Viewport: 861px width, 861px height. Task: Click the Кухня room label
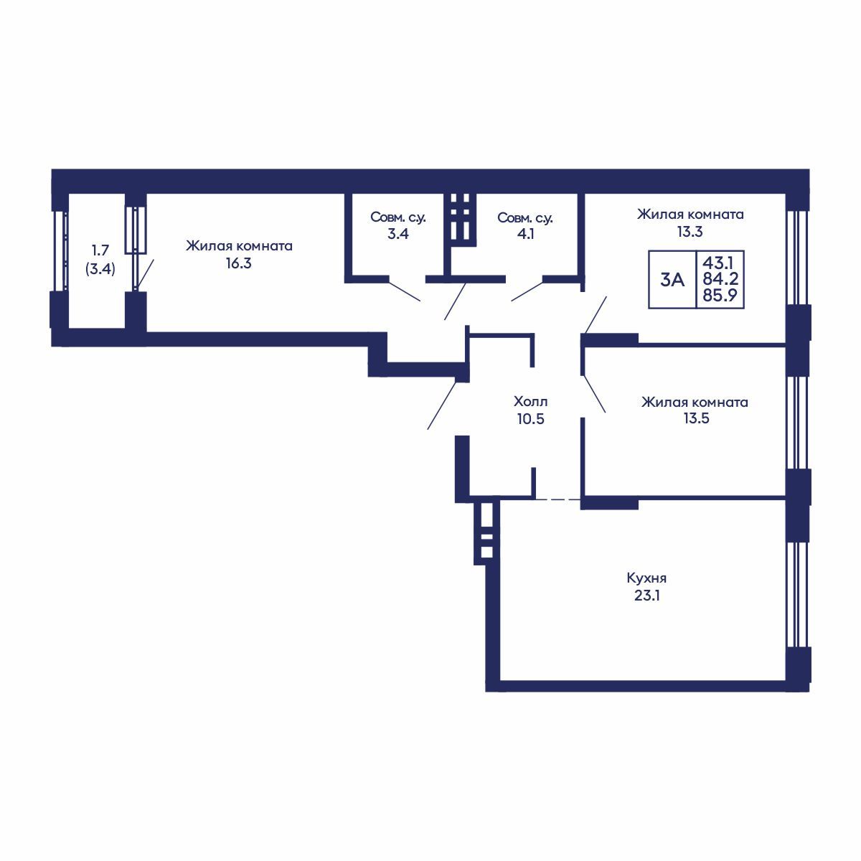click(x=646, y=578)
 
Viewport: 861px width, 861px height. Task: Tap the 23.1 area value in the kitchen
click(x=646, y=596)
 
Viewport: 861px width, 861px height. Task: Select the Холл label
click(x=530, y=401)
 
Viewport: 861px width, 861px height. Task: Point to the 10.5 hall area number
click(x=530, y=419)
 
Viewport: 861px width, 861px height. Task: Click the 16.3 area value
click(x=239, y=263)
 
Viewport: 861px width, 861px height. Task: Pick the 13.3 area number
click(x=690, y=232)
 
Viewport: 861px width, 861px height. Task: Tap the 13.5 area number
click(x=696, y=418)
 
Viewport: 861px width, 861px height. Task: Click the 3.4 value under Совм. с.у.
click(x=397, y=234)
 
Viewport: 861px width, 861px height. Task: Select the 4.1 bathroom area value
click(x=525, y=234)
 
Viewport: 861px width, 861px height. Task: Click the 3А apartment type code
click(x=672, y=280)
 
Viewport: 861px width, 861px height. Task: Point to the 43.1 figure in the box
click(x=720, y=261)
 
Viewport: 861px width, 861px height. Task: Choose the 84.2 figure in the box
click(x=720, y=279)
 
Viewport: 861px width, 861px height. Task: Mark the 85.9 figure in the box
click(x=720, y=295)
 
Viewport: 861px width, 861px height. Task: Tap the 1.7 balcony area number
click(x=100, y=250)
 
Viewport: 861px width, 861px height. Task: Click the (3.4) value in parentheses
click(x=100, y=269)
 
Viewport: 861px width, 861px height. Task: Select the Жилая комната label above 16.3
click(x=239, y=246)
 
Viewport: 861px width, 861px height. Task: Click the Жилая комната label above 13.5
click(x=695, y=402)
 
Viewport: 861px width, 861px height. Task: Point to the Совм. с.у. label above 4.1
click(x=525, y=218)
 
